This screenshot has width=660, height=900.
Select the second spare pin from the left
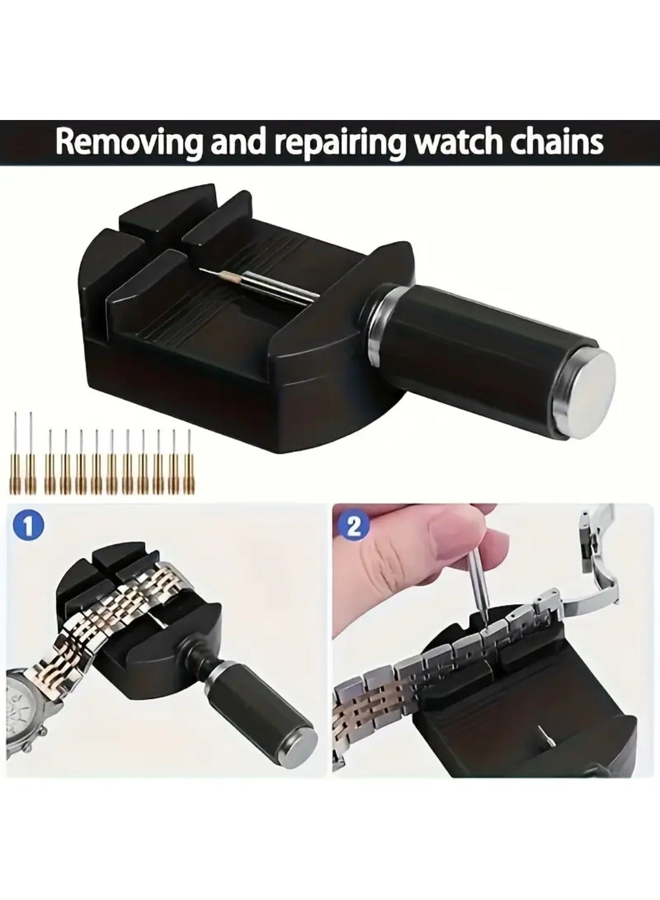pos(29,452)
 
